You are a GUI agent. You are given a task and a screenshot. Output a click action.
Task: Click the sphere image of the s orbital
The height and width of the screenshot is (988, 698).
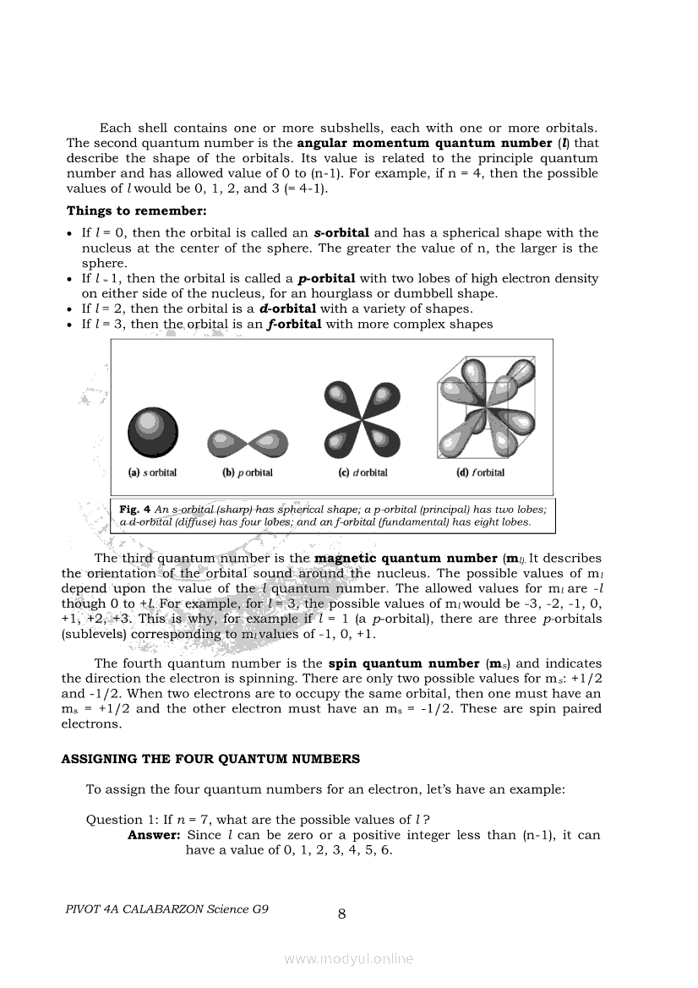[x=153, y=430]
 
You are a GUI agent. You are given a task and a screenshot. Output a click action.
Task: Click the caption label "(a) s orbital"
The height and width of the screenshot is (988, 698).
[x=152, y=473]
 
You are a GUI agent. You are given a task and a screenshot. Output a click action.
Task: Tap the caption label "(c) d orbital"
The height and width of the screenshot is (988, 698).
[x=363, y=473]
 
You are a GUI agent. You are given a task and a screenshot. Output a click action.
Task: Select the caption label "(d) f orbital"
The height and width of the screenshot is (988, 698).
[x=480, y=473]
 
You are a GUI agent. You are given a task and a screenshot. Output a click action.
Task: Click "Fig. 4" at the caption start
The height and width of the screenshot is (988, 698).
[x=134, y=510]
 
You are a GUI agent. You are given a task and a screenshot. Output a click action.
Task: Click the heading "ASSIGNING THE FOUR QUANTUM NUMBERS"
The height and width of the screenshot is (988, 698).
[x=210, y=759]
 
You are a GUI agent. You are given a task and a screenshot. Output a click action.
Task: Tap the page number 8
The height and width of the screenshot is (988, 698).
[x=342, y=913]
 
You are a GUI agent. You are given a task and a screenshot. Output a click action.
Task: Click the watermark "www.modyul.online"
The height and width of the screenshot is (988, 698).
[x=349, y=958]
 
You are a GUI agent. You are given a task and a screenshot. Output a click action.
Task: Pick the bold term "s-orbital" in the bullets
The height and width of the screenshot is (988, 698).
[x=341, y=232]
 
